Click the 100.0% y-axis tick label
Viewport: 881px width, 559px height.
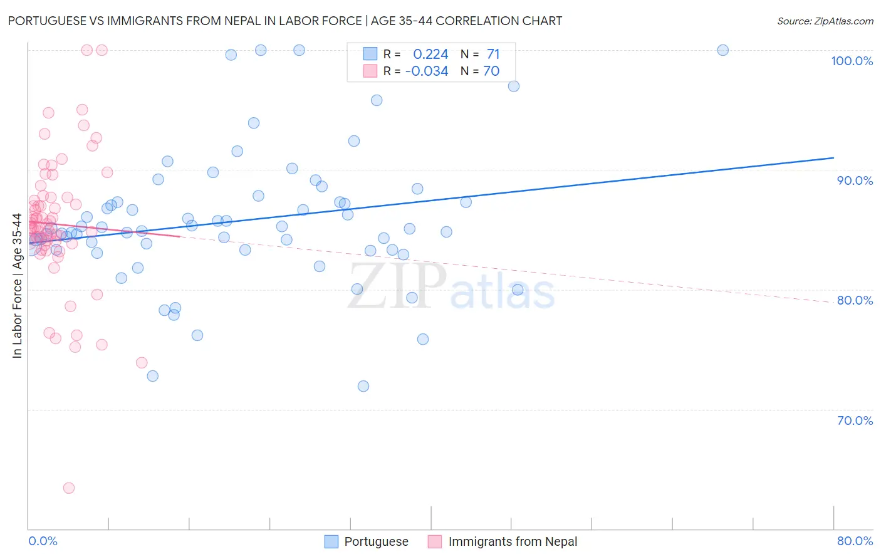click(x=852, y=61)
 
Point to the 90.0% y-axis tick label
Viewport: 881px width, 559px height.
click(x=855, y=180)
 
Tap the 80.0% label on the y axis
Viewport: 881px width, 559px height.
click(x=855, y=300)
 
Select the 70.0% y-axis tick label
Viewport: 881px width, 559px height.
click(x=855, y=421)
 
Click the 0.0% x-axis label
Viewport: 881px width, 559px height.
click(x=43, y=541)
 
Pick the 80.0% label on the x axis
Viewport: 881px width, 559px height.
click(x=855, y=541)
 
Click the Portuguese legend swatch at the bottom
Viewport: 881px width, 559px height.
click(x=331, y=541)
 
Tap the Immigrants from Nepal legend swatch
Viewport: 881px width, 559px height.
click(x=435, y=541)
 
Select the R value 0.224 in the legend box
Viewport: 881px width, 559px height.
click(x=430, y=55)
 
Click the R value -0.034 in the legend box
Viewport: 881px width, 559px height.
click(x=427, y=71)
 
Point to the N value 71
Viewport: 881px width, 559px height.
click(x=493, y=55)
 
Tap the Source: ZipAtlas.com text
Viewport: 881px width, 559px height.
click(x=825, y=21)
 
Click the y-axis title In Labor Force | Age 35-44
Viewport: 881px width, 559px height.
click(x=17, y=286)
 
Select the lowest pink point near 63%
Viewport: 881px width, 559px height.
click(x=69, y=488)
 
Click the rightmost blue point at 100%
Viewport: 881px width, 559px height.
click(x=722, y=50)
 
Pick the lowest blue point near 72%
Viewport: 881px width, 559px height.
click(x=363, y=386)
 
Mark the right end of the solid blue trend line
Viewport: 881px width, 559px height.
click(x=833, y=158)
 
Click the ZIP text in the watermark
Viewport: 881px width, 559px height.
click(x=397, y=287)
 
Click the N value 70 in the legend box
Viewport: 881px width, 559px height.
click(x=491, y=71)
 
